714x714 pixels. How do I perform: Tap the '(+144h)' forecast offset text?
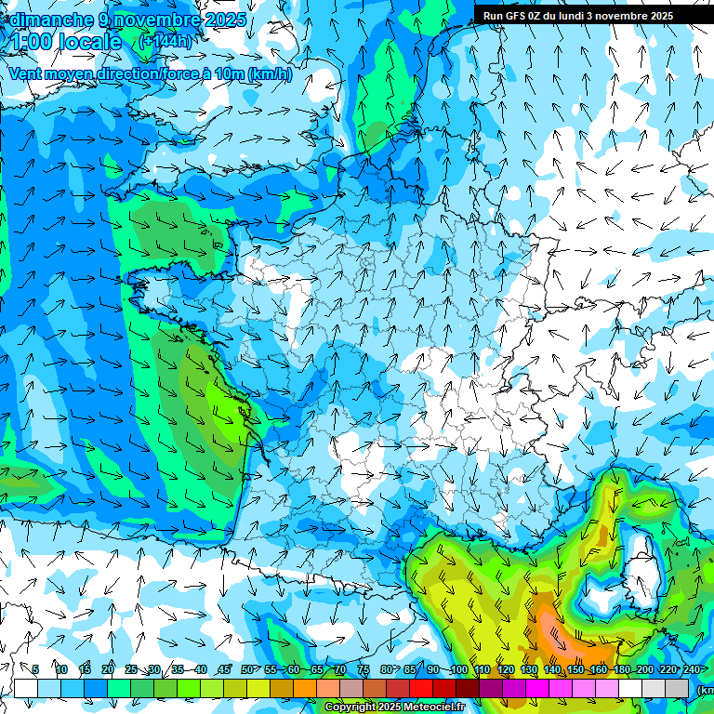[x=165, y=42]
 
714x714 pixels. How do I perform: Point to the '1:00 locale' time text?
[x=65, y=42]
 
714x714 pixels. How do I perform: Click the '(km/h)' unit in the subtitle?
[x=270, y=74]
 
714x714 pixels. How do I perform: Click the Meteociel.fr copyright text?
[x=395, y=707]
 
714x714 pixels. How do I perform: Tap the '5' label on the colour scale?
[x=35, y=670]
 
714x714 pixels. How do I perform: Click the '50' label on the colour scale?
[x=246, y=670]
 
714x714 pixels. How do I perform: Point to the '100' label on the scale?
[x=458, y=670]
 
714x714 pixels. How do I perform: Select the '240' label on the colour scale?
[x=692, y=670]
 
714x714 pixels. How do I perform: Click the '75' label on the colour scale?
[x=364, y=670]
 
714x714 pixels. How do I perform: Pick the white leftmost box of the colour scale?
[x=26, y=688]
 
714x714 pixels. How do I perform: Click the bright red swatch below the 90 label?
[x=422, y=688]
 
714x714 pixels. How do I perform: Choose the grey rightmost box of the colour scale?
[x=678, y=688]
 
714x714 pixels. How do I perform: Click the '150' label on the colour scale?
[x=575, y=670]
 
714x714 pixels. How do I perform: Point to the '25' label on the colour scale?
[x=130, y=670]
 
